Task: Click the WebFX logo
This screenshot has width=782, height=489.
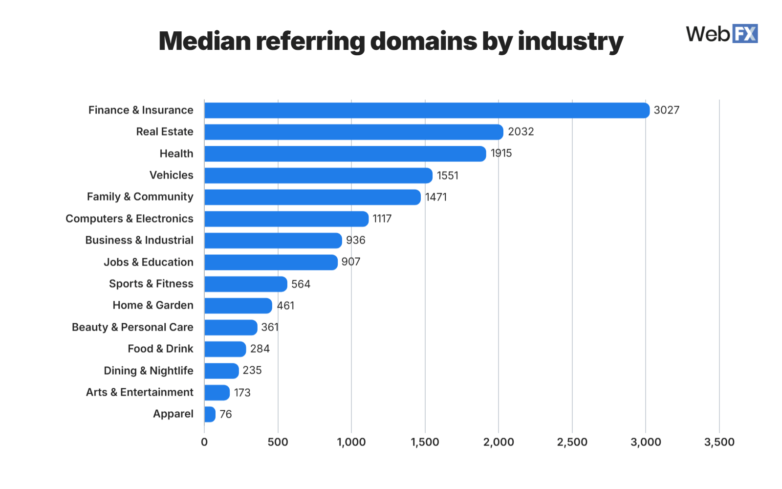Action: click(721, 34)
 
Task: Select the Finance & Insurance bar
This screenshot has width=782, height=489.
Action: click(426, 111)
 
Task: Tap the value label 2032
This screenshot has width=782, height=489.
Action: click(521, 132)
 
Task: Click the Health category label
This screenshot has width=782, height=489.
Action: click(176, 154)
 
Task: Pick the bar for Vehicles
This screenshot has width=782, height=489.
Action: click(318, 176)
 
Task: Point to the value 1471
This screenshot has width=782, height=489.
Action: click(435, 197)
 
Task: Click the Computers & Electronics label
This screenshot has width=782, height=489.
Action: click(130, 219)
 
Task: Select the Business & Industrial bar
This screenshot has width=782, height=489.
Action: click(273, 241)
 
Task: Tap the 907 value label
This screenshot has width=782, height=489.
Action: click(350, 262)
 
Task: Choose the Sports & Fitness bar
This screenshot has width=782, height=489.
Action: click(245, 284)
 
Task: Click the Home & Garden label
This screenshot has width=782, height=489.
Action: click(153, 305)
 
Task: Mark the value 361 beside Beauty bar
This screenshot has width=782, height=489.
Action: click(269, 327)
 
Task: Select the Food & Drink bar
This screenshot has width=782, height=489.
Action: click(225, 349)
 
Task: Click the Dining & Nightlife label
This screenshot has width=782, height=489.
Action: click(149, 371)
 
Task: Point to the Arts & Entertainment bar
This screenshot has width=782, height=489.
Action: click(217, 393)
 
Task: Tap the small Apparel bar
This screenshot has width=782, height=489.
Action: click(210, 414)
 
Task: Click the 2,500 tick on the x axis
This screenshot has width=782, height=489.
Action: click(572, 442)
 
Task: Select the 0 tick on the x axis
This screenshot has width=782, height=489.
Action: click(204, 442)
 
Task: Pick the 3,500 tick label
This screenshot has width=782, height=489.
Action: click(719, 442)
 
